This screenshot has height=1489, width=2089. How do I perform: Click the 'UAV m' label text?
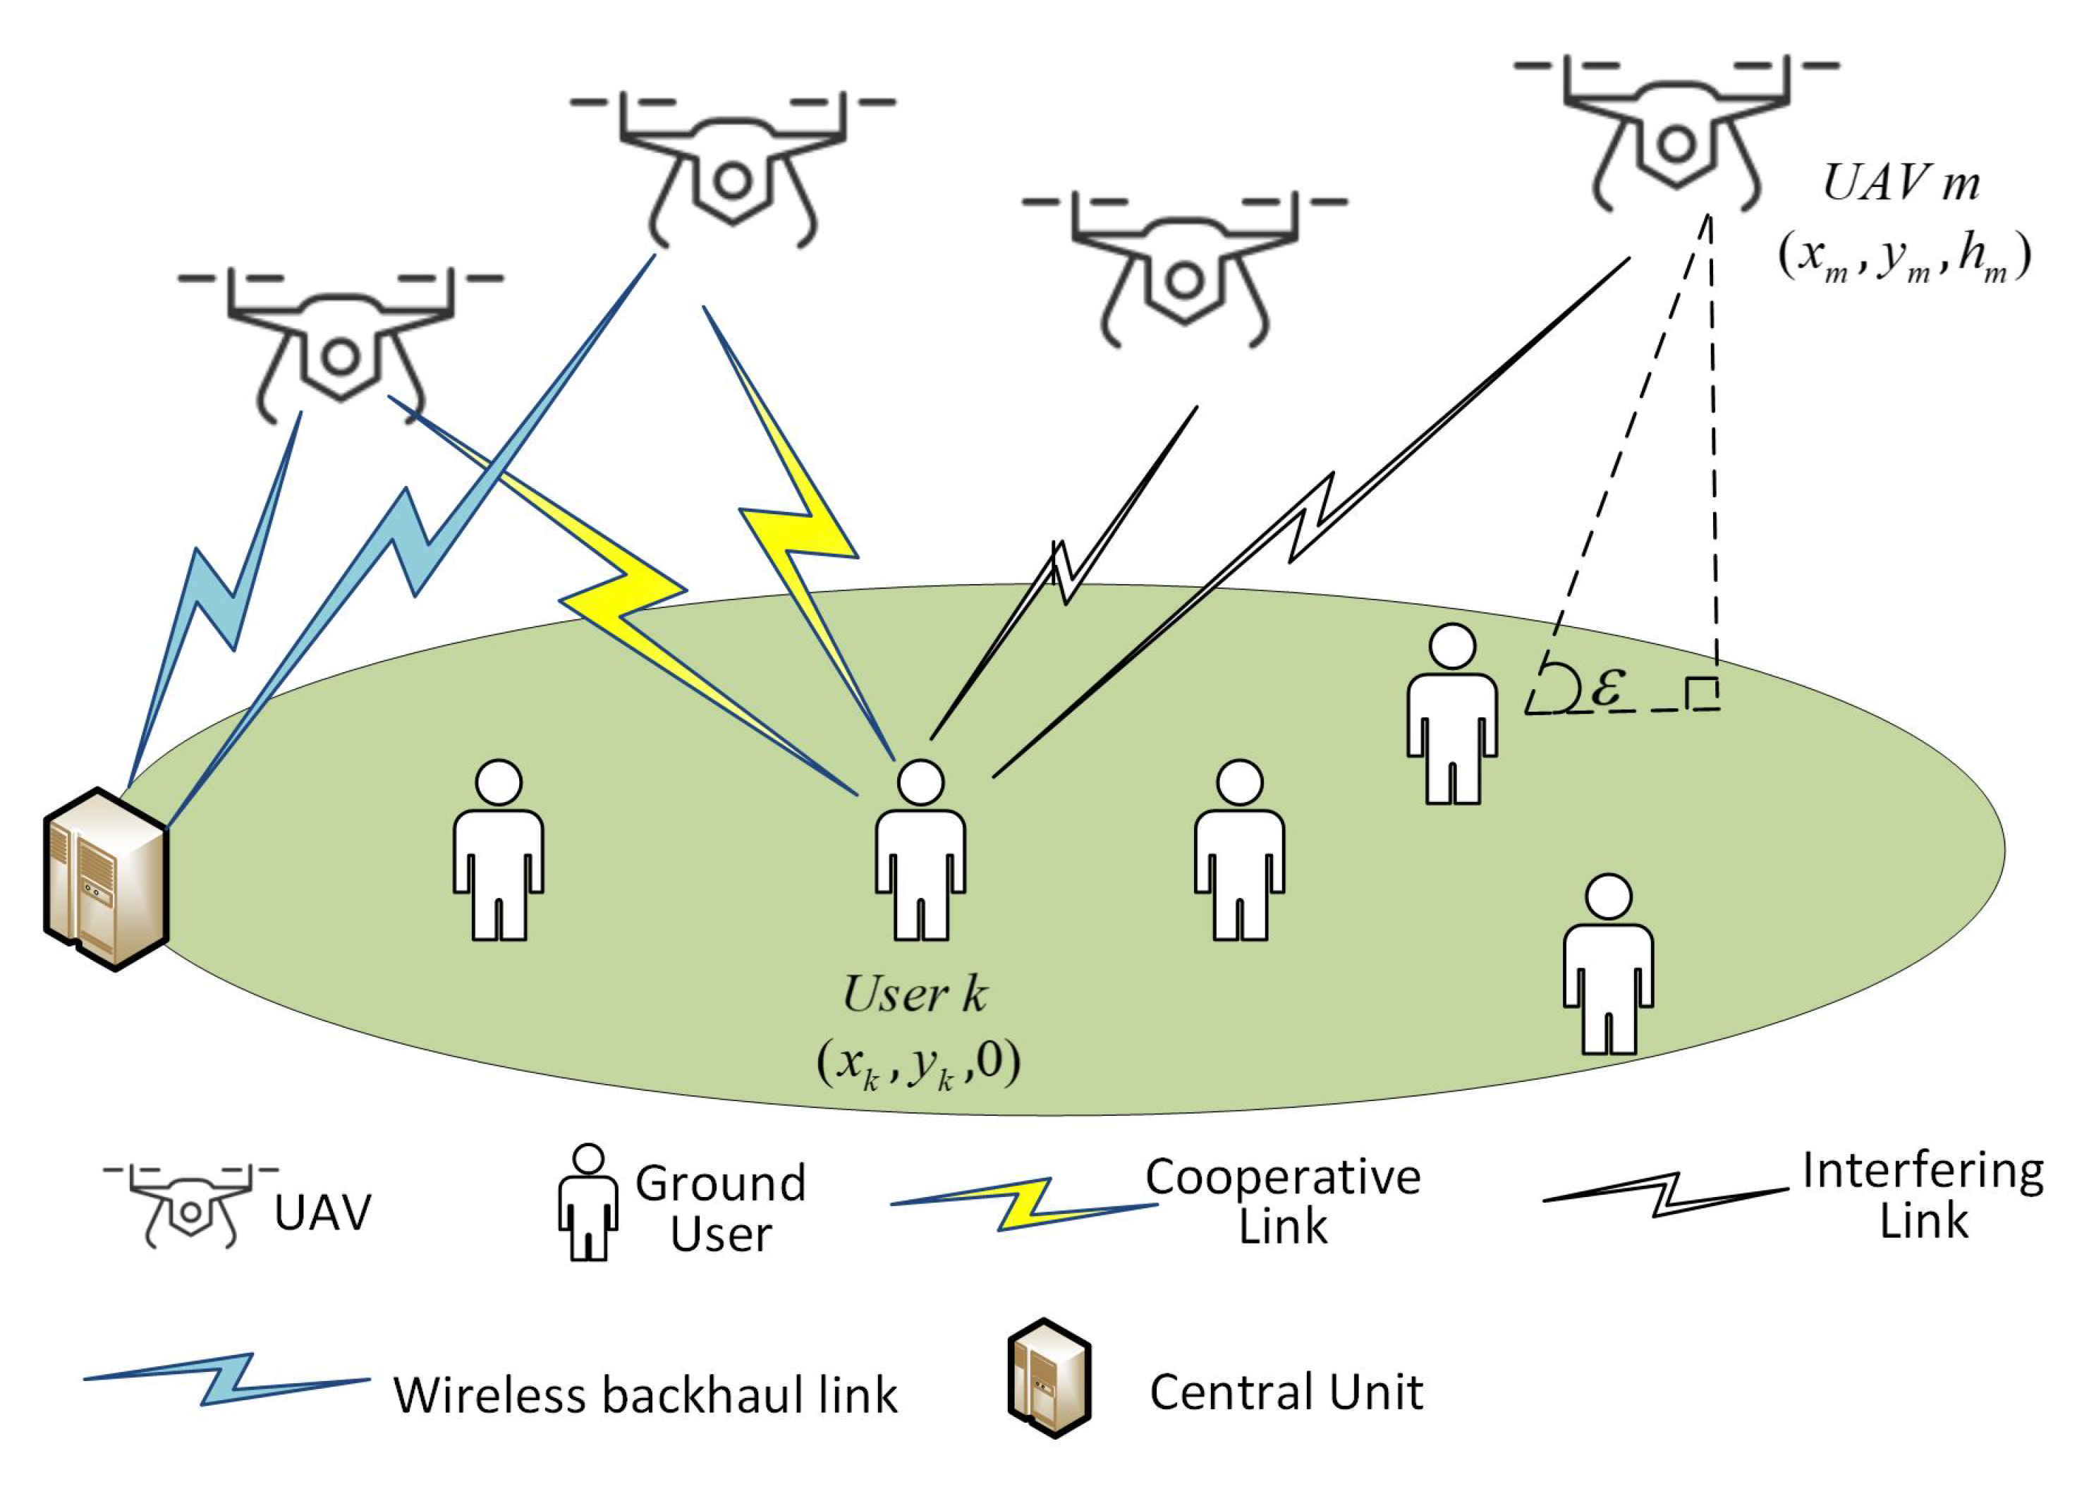point(1900,183)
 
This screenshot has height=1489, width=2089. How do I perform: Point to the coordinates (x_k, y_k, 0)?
point(918,1064)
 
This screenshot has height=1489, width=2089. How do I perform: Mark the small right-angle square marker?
point(1701,694)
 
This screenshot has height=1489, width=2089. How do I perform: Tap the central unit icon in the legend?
point(1049,1378)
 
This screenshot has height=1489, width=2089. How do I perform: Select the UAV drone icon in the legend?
point(190,1207)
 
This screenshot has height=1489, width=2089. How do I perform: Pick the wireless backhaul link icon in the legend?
point(227,1379)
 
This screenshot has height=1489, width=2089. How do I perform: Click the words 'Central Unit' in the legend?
point(1285,1392)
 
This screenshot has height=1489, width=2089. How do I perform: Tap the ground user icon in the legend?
point(587,1202)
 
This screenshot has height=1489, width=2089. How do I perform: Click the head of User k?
point(920,782)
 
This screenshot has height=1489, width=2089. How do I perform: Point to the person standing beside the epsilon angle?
point(1452,715)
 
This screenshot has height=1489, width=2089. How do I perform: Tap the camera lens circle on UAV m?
point(1676,144)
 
